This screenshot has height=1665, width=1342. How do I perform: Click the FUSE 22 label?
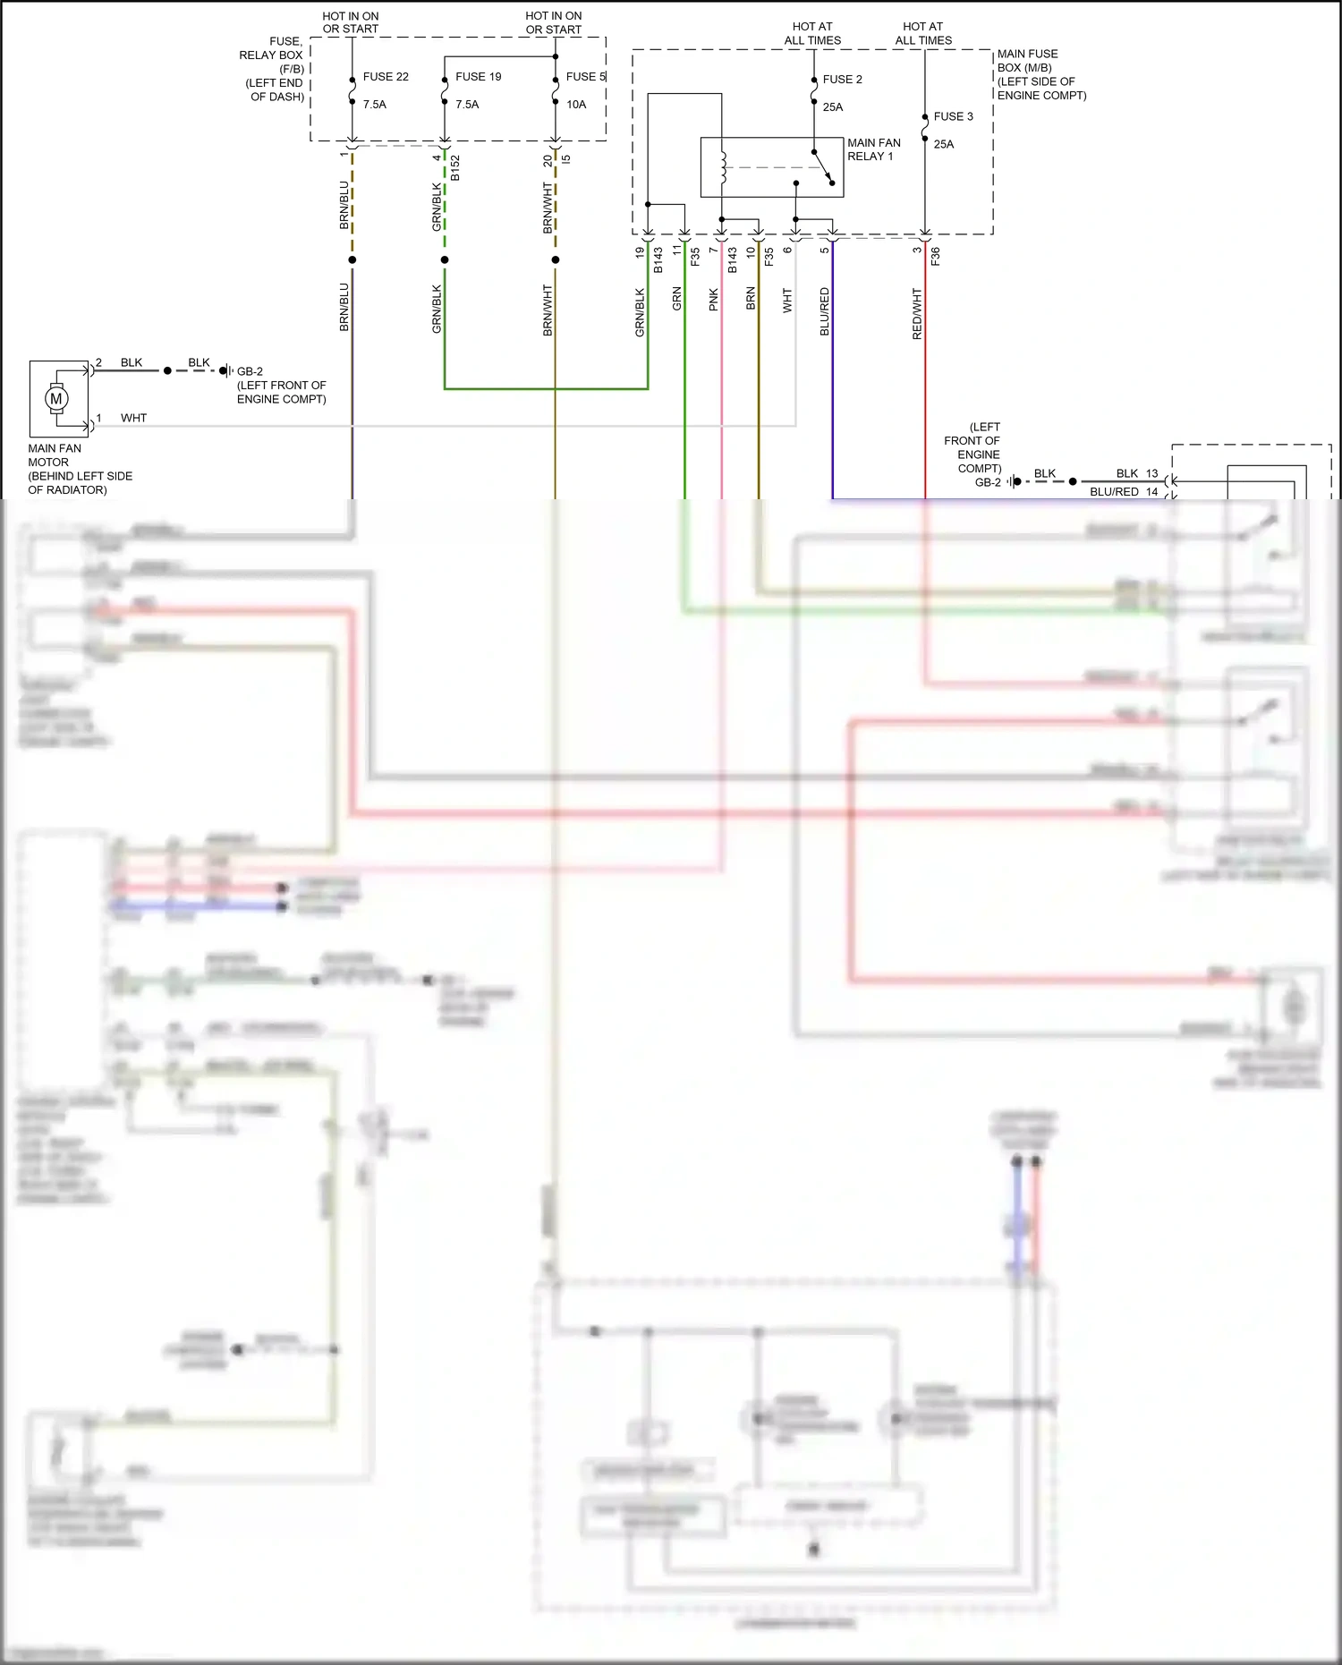pyautogui.click(x=386, y=77)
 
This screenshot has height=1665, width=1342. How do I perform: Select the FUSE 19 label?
pyautogui.click(x=478, y=77)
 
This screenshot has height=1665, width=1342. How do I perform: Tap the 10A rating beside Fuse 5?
pyautogui.click(x=576, y=105)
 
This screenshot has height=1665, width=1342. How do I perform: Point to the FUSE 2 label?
pyautogui.click(x=842, y=80)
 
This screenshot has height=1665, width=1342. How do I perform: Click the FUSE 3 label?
pyautogui.click(x=953, y=116)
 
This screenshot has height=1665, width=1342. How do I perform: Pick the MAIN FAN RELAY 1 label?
pyautogui.click(x=873, y=149)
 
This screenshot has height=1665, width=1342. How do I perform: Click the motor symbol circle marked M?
pyautogui.click(x=56, y=398)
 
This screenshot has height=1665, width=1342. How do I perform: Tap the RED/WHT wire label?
pyautogui.click(x=917, y=313)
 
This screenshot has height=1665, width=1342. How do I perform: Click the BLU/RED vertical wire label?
pyautogui.click(x=825, y=311)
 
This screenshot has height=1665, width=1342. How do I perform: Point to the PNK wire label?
pyautogui.click(x=714, y=299)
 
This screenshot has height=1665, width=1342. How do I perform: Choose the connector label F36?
pyautogui.click(x=936, y=256)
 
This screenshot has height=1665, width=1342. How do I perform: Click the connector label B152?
pyautogui.click(x=455, y=167)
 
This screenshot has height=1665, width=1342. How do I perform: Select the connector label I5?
pyautogui.click(x=566, y=159)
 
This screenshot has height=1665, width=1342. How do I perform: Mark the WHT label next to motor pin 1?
pyautogui.click(x=133, y=418)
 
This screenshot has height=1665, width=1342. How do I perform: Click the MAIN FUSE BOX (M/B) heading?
pyautogui.click(x=1041, y=74)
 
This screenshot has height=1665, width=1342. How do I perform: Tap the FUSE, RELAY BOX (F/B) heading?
pyautogui.click(x=272, y=69)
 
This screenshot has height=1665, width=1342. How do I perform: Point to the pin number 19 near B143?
pyautogui.click(x=640, y=253)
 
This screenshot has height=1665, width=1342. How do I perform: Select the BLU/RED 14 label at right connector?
pyautogui.click(x=1124, y=491)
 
